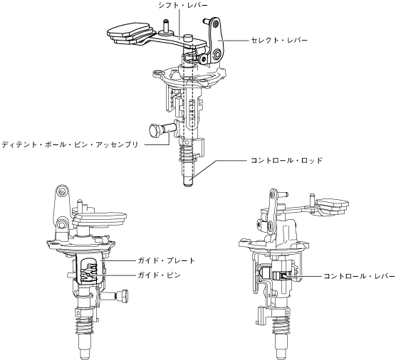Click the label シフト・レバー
pyautogui.click(x=183, y=5)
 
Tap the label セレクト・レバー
pyautogui.click(x=278, y=40)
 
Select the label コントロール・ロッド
pyautogui.click(x=286, y=161)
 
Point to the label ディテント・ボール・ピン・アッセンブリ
pyautogui.click(x=70, y=144)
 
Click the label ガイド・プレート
pyautogui.click(x=167, y=260)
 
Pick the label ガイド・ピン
pyautogui.click(x=160, y=275)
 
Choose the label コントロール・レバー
pyautogui.click(x=359, y=276)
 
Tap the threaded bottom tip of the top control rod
pyautogui.click(x=189, y=182)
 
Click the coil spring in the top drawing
pyautogui.click(x=187, y=154)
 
